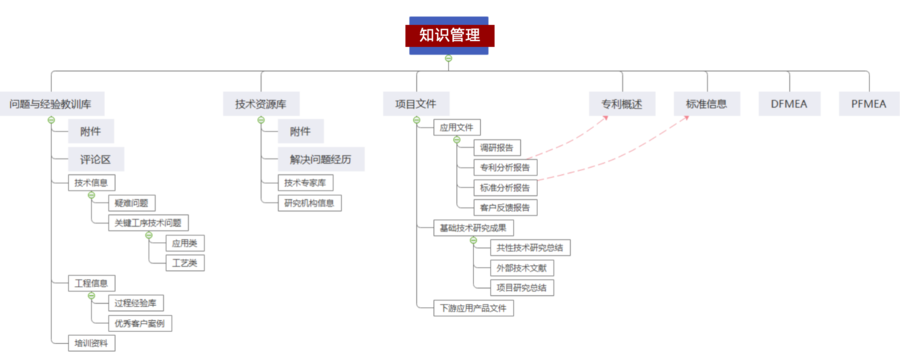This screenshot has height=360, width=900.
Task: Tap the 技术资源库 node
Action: (x=260, y=103)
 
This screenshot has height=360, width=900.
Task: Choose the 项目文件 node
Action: (x=416, y=103)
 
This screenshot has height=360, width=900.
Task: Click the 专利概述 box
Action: (x=621, y=103)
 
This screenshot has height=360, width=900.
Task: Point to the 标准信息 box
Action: (x=706, y=103)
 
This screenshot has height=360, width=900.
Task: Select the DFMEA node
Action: (x=790, y=103)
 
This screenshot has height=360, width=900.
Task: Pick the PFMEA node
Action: (x=870, y=103)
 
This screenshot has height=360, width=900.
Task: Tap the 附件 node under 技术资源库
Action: (x=300, y=132)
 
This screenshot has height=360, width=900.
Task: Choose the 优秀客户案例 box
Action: (x=139, y=322)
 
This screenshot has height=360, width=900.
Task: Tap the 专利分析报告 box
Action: (x=506, y=167)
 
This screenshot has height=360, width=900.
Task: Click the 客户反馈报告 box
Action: (x=506, y=207)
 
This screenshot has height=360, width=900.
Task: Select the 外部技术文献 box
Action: (x=523, y=267)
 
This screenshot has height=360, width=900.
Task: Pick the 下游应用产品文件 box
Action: (x=474, y=308)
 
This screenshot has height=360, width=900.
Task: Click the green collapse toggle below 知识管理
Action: (x=449, y=58)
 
